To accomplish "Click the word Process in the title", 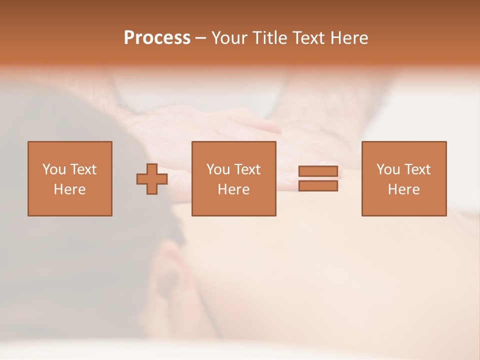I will click(x=157, y=38).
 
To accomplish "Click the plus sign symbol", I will click(x=152, y=179).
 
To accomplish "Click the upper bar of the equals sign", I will click(x=318, y=171).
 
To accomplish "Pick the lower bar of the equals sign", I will click(x=318, y=186).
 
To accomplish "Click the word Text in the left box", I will click(x=83, y=169).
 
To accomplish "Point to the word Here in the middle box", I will click(x=233, y=189).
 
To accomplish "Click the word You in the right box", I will click(x=388, y=169).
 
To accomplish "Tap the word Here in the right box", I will click(x=403, y=189).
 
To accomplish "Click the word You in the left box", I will click(x=54, y=169).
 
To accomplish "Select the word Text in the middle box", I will click(x=247, y=169).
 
